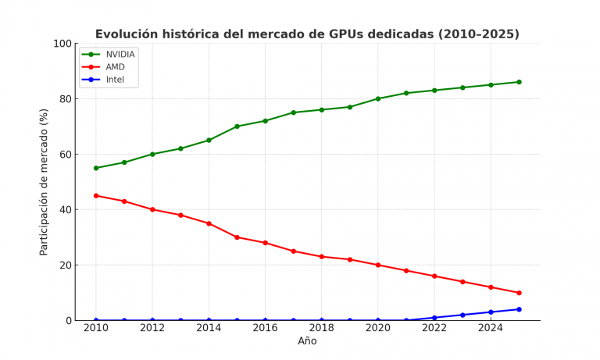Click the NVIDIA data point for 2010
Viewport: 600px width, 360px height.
pyautogui.click(x=96, y=168)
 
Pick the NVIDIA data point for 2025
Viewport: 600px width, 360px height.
pyautogui.click(x=519, y=82)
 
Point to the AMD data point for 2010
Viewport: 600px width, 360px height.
pyautogui.click(x=96, y=196)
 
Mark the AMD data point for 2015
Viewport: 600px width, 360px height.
pyautogui.click(x=237, y=237)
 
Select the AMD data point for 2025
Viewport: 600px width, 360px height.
pyautogui.click(x=519, y=293)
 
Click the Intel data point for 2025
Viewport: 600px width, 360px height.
pyautogui.click(x=519, y=309)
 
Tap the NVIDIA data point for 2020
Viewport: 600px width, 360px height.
pyautogui.click(x=378, y=98)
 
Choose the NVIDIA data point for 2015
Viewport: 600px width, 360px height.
pyautogui.click(x=237, y=127)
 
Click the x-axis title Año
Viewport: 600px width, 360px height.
pyautogui.click(x=307, y=341)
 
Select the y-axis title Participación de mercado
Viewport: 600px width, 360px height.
pyautogui.click(x=45, y=182)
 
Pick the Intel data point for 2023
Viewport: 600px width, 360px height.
pyautogui.click(x=462, y=315)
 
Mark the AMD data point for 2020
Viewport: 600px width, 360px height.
pyautogui.click(x=378, y=266)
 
